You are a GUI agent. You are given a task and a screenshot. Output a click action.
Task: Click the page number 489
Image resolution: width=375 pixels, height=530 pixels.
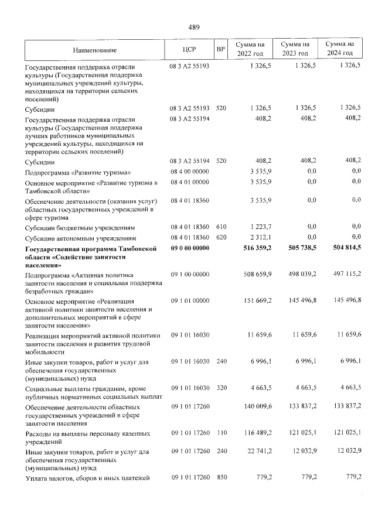[x=194, y=26]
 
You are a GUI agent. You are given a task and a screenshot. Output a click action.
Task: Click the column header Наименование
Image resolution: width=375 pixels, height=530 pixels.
[x=96, y=50]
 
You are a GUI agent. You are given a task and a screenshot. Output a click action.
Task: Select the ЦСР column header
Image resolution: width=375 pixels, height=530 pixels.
[x=189, y=49]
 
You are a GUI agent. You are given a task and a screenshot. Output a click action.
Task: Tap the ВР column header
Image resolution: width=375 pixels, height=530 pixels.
[x=221, y=49]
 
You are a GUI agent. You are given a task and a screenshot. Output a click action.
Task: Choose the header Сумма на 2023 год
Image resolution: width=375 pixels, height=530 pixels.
[x=295, y=49]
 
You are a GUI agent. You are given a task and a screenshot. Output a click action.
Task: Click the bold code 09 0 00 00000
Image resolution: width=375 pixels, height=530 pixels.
[x=190, y=249]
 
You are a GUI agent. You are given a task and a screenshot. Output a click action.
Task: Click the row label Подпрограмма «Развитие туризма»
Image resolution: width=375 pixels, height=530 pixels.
[x=78, y=173]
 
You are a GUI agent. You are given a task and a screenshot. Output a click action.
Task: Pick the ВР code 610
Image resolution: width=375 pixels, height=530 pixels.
[x=221, y=227]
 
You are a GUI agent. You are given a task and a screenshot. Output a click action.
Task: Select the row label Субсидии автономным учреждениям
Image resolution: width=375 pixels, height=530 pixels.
[x=81, y=239]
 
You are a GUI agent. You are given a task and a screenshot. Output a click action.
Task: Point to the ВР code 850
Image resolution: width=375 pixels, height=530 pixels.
[x=221, y=478]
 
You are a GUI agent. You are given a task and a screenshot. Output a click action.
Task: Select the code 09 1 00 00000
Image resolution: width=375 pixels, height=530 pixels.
[x=190, y=273]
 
